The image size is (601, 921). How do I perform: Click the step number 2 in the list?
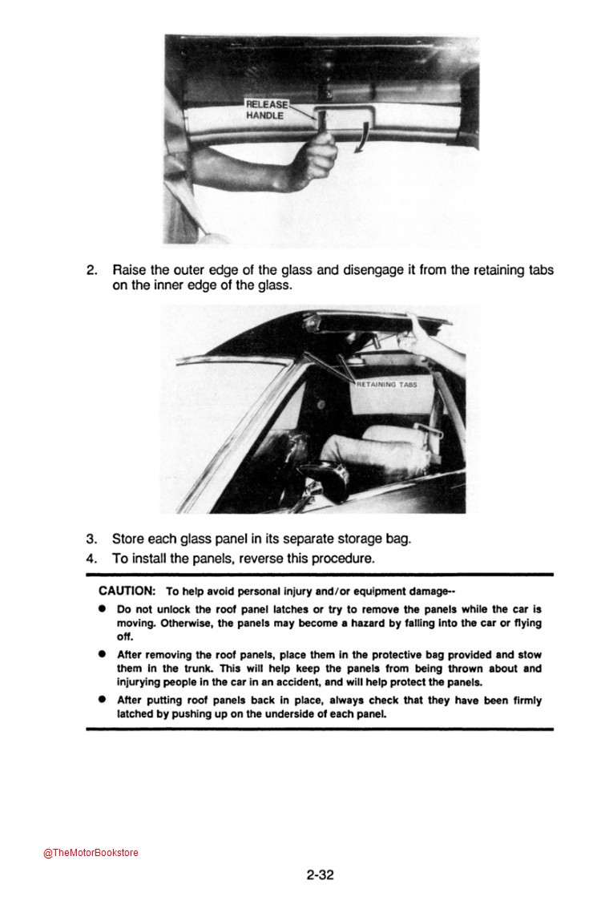91,271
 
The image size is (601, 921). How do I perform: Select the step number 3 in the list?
91,539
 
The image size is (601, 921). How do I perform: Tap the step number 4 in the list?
91,558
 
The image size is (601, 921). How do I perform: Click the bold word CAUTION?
127,591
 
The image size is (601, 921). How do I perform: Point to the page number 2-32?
320,875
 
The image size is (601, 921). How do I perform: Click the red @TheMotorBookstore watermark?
91,853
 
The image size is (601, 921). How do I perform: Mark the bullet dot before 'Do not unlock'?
103,609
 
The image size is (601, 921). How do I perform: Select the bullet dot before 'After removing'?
103,654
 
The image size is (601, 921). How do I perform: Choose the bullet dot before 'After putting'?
103,700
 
